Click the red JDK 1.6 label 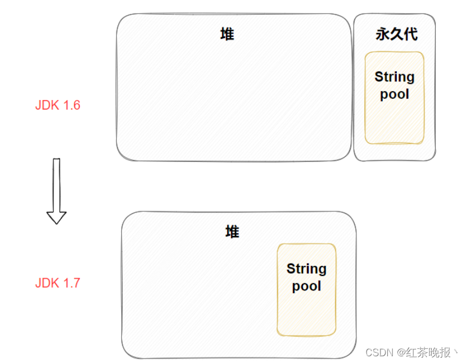[58, 105]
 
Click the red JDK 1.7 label [58, 283]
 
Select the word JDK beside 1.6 [46, 105]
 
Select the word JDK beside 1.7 [46, 283]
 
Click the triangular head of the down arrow [56, 217]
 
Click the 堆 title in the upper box [227, 34]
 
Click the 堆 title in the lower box [232, 232]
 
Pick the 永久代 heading [396, 34]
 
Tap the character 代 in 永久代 [411, 34]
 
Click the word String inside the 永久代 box [395, 77]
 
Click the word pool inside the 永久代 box [395, 94]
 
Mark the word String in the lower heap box [306, 269]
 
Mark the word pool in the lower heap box [306, 286]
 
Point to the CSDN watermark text [378, 352]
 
